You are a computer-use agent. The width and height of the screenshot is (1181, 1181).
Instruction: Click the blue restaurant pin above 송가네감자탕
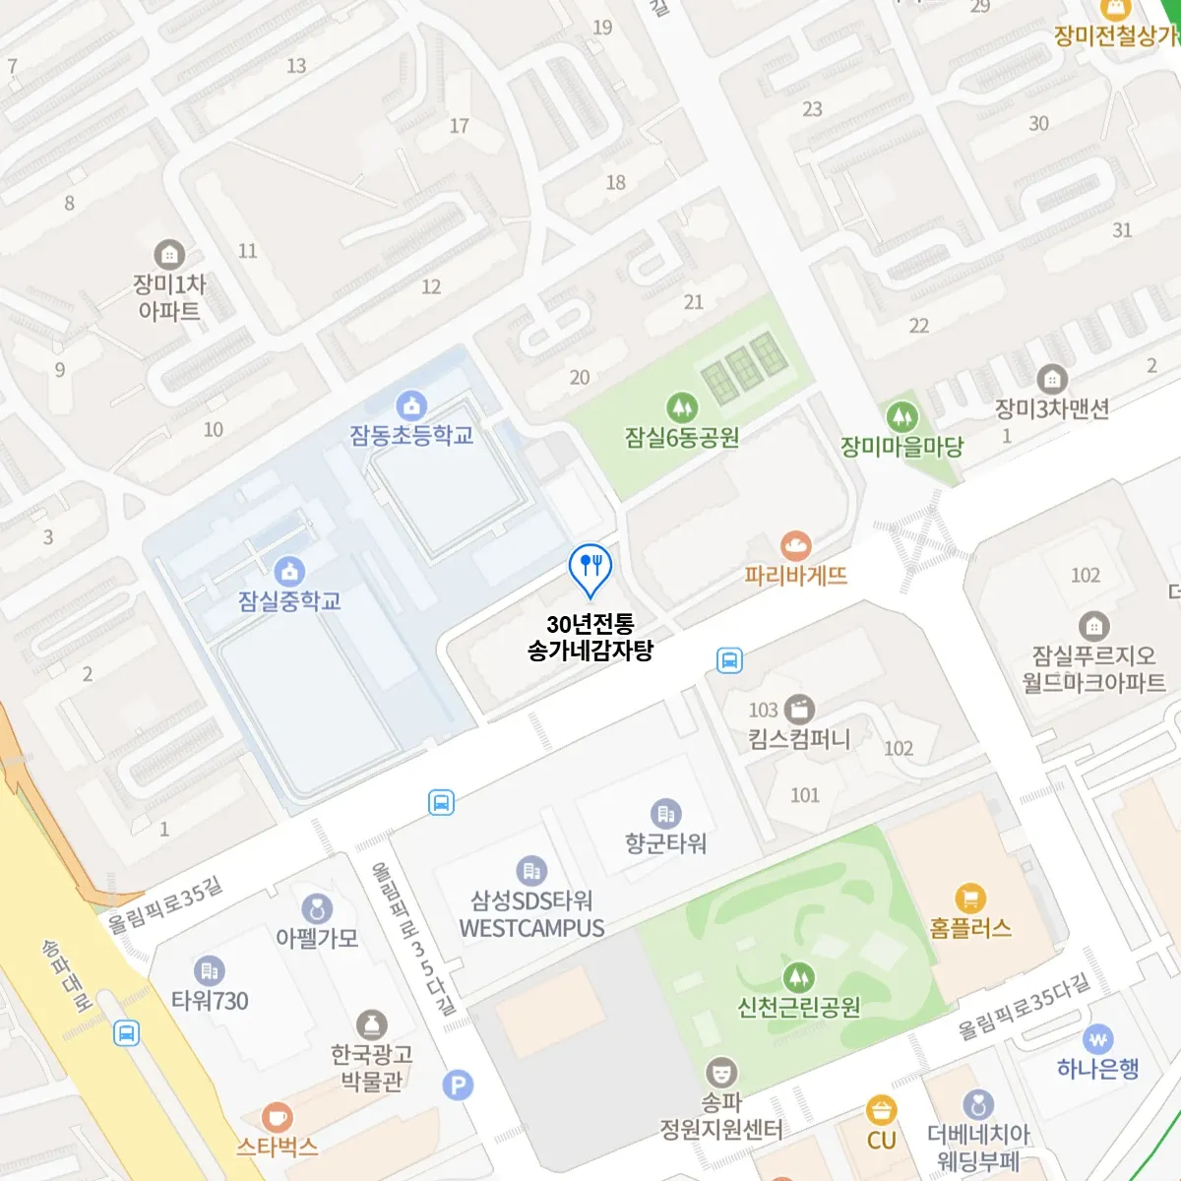[590, 567]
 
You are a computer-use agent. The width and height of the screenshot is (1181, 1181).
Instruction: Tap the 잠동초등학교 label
[411, 435]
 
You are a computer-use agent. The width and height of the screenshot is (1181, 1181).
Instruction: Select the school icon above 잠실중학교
[288, 571]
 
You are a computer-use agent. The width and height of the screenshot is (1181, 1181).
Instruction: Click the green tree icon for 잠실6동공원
[681, 407]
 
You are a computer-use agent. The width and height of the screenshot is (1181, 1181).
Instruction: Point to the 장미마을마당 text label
[901, 447]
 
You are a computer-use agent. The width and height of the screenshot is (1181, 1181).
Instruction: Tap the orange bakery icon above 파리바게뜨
[795, 545]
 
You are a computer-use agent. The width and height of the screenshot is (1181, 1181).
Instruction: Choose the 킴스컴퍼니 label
[798, 739]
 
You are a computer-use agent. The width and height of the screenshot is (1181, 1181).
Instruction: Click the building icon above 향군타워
[665, 813]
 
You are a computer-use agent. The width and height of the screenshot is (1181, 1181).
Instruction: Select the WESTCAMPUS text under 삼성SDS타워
[531, 928]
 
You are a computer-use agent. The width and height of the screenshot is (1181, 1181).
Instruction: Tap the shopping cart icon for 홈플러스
[970, 898]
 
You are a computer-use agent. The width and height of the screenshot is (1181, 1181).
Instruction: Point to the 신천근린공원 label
[798, 1007]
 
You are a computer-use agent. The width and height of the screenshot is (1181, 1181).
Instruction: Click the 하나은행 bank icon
[1098, 1039]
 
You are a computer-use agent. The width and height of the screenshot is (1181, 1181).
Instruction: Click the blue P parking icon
[458, 1086]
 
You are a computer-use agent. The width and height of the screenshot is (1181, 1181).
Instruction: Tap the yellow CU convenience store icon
[881, 1110]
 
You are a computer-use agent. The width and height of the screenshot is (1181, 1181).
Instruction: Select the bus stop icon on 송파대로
[126, 1033]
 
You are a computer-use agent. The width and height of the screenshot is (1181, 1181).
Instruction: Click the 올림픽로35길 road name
[165, 905]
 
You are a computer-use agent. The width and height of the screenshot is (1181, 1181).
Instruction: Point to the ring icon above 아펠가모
[316, 908]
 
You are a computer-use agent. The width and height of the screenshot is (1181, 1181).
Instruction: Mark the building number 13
[296, 66]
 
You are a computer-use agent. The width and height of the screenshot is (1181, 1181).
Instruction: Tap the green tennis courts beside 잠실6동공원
[745, 367]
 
